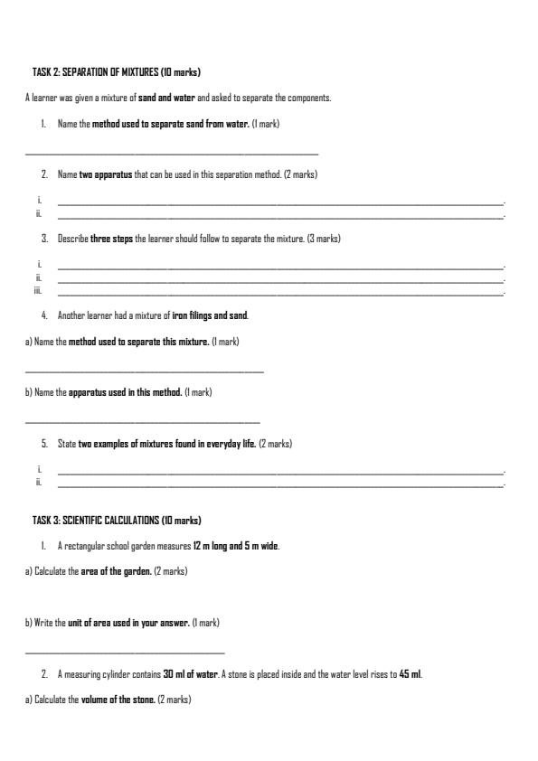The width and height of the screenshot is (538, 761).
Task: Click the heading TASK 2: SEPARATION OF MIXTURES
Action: pos(116,71)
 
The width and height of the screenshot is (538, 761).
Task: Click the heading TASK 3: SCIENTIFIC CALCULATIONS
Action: pos(117,521)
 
